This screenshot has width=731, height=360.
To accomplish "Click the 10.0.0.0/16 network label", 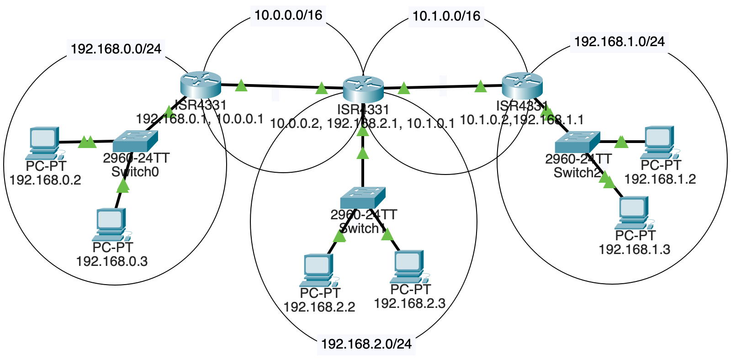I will (288, 15).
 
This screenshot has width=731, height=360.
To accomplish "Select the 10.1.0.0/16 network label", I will (446, 16).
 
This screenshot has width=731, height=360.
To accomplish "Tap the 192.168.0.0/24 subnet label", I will (116, 48).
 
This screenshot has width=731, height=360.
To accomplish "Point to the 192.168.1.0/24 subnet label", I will (619, 42).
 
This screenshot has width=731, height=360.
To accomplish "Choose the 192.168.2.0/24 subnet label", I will (366, 344).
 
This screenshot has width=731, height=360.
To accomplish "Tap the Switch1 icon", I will (363, 197).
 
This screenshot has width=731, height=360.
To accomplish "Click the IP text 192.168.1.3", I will (634, 249).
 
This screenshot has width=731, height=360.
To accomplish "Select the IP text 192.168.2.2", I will (319, 307).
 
